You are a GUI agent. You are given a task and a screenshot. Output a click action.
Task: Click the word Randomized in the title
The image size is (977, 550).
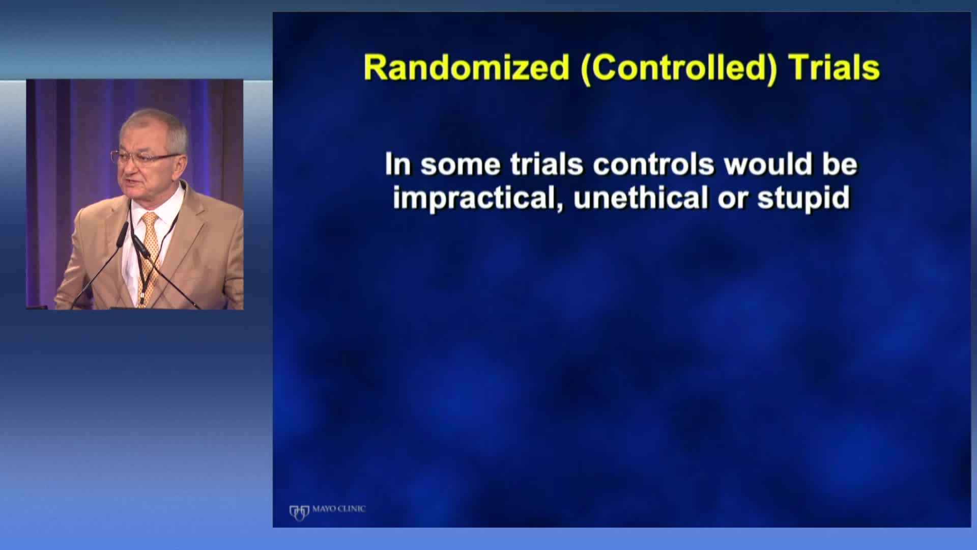tap(466, 67)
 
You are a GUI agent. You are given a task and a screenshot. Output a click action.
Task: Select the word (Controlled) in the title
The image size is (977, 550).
tap(679, 68)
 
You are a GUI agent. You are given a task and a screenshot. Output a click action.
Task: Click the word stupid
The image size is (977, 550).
tap(804, 199)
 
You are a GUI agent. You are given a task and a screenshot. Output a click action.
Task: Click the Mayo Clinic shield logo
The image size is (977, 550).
tap(299, 512)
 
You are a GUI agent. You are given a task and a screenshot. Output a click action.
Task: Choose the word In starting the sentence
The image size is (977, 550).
tap(397, 164)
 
